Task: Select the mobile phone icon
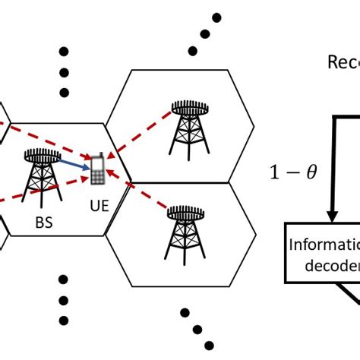[99, 171]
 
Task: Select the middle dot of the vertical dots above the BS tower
[65, 74]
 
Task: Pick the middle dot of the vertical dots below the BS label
[65, 298]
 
